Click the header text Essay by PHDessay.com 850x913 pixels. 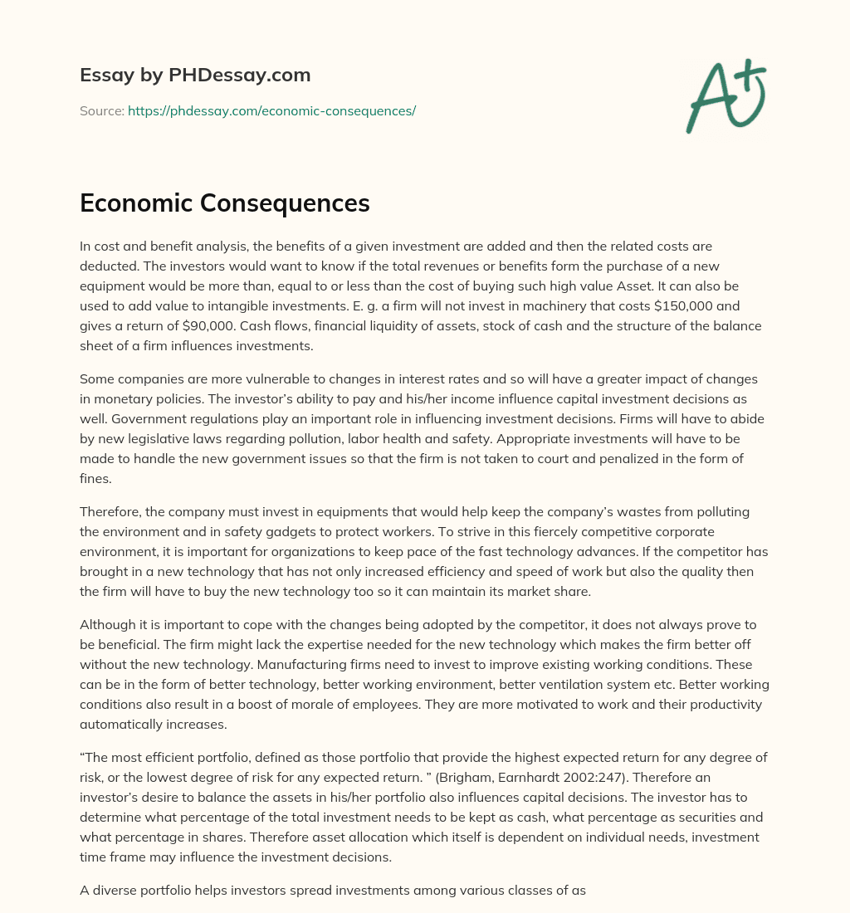pyautogui.click(x=195, y=76)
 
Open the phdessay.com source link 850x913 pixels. pyautogui.click(x=271, y=110)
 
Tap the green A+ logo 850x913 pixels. pyautogui.click(x=725, y=95)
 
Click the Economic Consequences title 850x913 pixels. pyautogui.click(x=224, y=203)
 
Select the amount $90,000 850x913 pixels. pyautogui.click(x=190, y=326)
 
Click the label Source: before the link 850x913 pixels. pyautogui.click(x=102, y=110)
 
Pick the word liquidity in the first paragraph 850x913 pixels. pyautogui.click(x=376, y=326)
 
